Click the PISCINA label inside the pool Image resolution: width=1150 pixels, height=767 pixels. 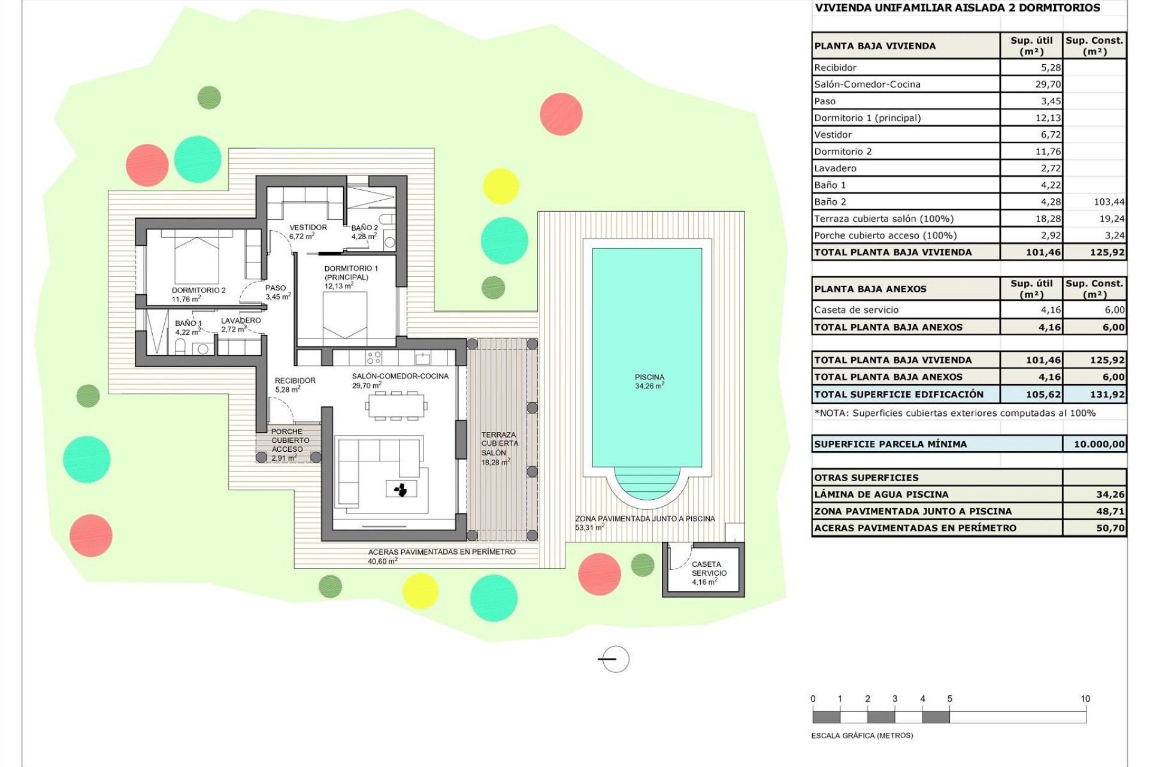[649, 381]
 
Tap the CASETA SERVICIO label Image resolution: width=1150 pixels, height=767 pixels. [709, 572]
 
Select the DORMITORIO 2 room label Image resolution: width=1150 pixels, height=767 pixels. [198, 294]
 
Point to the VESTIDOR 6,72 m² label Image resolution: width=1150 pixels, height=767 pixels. [308, 231]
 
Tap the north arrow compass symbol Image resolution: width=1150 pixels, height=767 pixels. [615, 659]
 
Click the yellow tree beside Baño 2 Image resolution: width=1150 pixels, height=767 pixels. [500, 186]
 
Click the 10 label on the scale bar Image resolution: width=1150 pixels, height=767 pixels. [1085, 699]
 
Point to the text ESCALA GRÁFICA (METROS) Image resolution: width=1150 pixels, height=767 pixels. [861, 735]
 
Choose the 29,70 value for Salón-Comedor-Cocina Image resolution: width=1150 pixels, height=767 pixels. [1048, 84]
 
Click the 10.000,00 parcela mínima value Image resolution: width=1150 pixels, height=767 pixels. [1098, 444]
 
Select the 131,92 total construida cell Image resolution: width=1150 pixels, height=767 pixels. [1107, 394]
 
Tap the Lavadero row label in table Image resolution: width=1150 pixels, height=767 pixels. [835, 168]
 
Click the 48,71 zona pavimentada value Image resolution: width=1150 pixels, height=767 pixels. [1110, 511]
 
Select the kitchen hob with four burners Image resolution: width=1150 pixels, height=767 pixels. [374, 358]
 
